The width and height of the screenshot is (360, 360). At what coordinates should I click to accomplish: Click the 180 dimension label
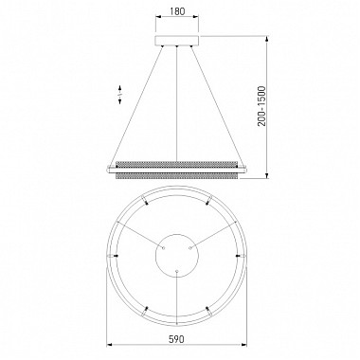(x=177, y=11)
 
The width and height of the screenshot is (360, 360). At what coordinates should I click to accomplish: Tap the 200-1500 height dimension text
(x=261, y=106)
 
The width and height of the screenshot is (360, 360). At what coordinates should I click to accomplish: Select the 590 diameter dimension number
(x=176, y=339)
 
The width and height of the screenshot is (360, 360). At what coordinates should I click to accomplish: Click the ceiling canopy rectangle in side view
(x=177, y=41)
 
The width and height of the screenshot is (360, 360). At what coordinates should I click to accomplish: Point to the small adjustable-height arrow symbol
(x=120, y=94)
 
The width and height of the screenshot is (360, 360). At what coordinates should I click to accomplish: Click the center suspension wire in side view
(x=177, y=103)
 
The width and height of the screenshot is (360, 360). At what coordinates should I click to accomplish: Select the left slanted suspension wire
(x=136, y=106)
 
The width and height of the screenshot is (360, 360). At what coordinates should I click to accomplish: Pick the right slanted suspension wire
(x=218, y=106)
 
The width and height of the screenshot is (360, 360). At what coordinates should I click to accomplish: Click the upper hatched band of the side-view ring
(x=177, y=165)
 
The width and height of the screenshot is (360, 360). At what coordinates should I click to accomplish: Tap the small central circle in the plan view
(x=177, y=255)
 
